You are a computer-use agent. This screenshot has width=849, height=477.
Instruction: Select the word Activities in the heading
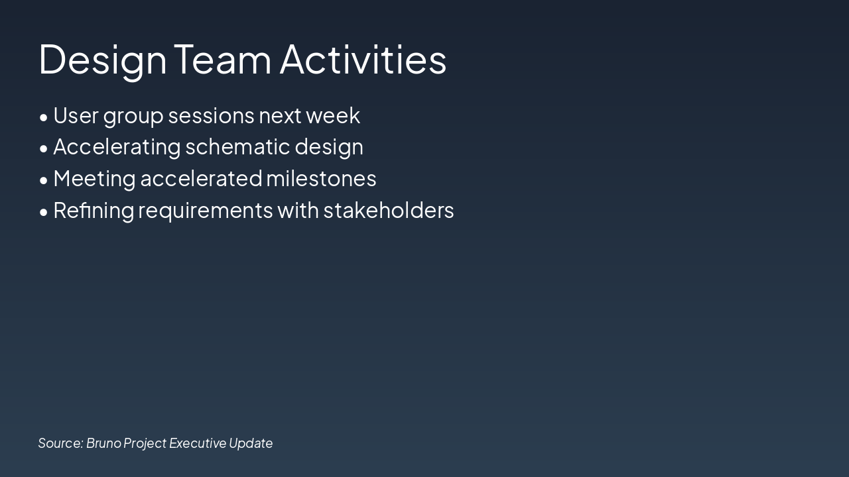[x=363, y=59]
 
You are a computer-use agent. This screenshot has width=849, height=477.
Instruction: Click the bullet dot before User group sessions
[x=44, y=117]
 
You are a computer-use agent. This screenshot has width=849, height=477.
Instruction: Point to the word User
[x=76, y=115]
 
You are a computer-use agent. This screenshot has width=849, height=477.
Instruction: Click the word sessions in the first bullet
[x=211, y=116]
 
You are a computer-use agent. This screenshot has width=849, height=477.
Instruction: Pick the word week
[x=333, y=115]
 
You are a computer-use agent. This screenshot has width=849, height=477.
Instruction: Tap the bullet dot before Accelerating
[x=44, y=149]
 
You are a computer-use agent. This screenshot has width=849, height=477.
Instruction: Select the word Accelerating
[x=117, y=148]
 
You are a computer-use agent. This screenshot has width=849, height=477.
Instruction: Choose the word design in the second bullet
[x=329, y=148]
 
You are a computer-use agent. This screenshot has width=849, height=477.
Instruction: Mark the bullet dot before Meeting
[x=44, y=181]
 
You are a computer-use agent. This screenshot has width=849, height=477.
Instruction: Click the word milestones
[x=321, y=179]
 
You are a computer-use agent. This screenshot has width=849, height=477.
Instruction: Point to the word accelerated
[x=201, y=179]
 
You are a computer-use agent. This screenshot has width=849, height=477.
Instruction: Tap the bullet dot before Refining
[x=44, y=212]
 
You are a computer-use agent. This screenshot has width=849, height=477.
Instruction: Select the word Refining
[x=94, y=211]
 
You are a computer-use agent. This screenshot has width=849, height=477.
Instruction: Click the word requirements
[x=206, y=211]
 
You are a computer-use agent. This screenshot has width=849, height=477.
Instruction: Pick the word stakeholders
[x=389, y=210]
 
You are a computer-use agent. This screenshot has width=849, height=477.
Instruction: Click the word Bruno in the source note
[x=104, y=443]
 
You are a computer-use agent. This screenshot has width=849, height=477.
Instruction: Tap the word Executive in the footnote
[x=198, y=443]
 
